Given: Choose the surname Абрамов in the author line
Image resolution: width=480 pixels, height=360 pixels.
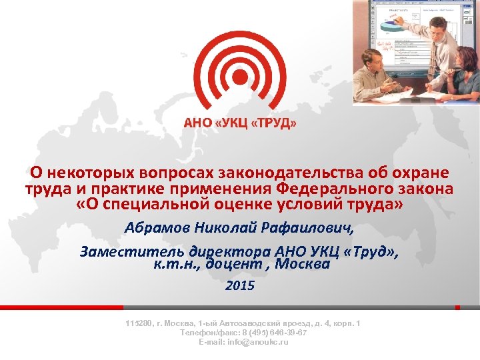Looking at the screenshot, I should pyautogui.click(x=158, y=229).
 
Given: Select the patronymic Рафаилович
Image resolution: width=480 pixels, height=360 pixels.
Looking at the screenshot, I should pyautogui.click(x=311, y=229).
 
